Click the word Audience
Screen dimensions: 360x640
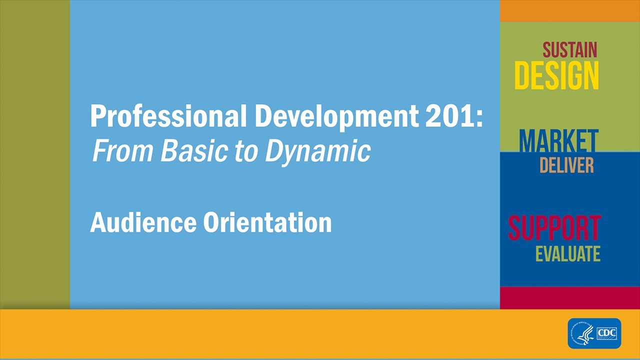143,222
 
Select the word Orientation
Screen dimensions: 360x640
267,222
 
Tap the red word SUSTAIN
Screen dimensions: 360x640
569,50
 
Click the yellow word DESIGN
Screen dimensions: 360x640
556,76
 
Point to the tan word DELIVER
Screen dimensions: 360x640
566,165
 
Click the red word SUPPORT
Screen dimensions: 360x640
554,228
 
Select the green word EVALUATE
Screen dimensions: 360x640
567,254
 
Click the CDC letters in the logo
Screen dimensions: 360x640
607,333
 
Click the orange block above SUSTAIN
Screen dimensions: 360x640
570,10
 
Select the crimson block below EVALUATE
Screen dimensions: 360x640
570,297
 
